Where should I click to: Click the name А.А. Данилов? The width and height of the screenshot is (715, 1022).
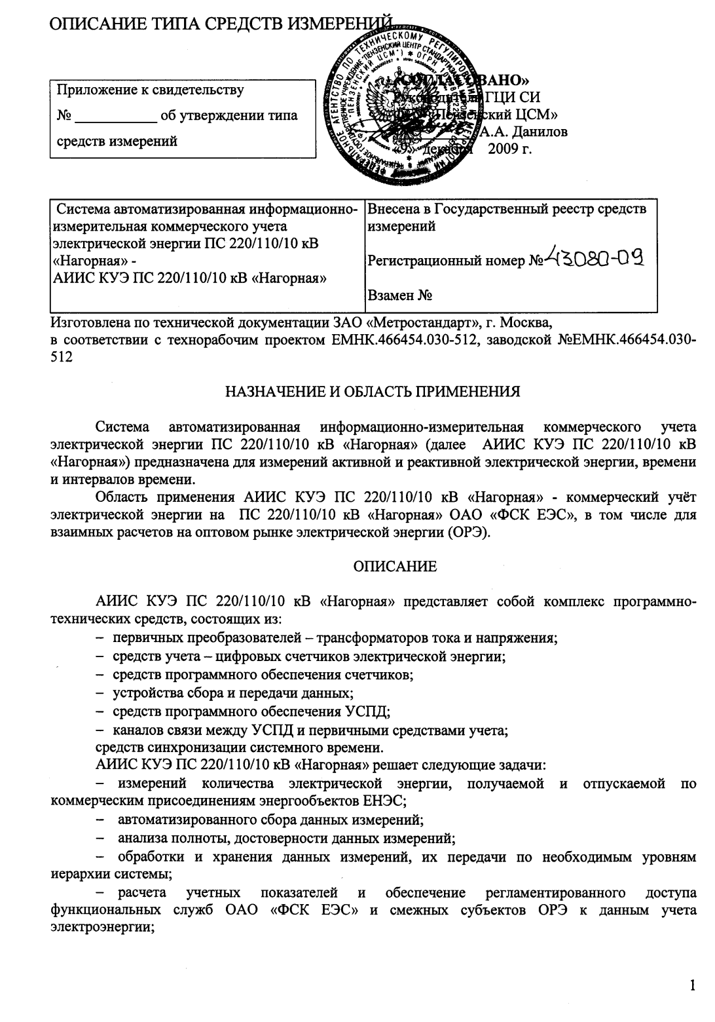point(524,132)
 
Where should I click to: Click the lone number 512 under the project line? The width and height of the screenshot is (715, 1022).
point(62,357)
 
